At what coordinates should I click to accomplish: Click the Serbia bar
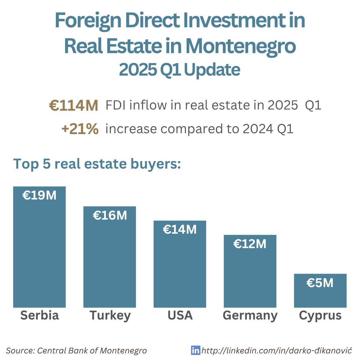click(39, 252)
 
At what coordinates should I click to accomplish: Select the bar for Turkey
click(109, 261)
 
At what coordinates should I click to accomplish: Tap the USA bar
click(180, 267)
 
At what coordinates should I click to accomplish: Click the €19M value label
click(39, 196)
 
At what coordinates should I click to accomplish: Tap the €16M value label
click(110, 215)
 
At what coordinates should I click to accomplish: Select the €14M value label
click(180, 230)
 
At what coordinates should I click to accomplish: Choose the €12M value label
click(250, 244)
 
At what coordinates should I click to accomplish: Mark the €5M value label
click(320, 283)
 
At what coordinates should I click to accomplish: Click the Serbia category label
click(39, 315)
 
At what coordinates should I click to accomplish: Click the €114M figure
click(73, 106)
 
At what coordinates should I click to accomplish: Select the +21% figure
click(80, 129)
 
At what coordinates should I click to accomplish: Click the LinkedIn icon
click(195, 350)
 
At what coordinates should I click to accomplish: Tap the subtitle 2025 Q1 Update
click(179, 70)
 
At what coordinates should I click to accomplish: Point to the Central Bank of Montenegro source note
click(76, 350)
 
